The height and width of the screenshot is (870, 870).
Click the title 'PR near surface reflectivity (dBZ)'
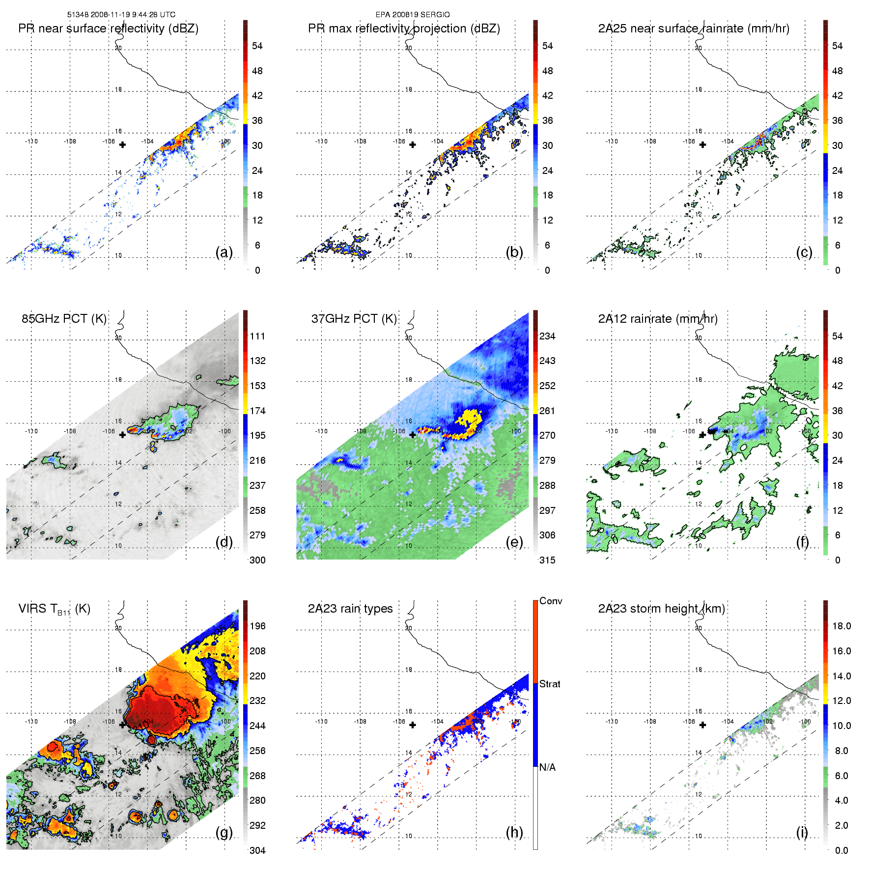coord(108,28)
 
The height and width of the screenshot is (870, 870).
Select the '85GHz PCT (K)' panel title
coord(64,319)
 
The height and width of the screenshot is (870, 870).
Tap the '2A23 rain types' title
coord(350,609)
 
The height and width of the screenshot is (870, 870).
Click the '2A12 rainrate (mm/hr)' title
coord(658,319)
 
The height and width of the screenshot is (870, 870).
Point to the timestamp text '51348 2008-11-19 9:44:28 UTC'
coord(121,15)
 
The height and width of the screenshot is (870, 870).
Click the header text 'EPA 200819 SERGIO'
coord(413,15)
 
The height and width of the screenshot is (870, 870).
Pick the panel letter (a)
coord(224,252)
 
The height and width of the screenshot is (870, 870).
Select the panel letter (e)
coord(514,542)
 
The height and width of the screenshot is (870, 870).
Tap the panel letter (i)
coord(802,832)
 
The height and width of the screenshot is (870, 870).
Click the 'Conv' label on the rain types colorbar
coord(551,601)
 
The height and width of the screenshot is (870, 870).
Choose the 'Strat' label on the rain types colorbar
coord(550,684)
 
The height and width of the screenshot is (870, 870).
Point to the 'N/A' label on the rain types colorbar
coord(547,767)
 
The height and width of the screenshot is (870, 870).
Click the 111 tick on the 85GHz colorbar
coord(257,336)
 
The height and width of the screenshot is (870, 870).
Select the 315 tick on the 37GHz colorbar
coord(547,560)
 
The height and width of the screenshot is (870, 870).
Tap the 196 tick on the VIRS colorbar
coord(257,626)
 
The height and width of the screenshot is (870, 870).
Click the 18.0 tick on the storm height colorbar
coord(842,626)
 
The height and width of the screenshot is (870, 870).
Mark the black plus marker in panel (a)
coord(122,144)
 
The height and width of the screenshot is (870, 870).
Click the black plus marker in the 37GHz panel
coord(413,434)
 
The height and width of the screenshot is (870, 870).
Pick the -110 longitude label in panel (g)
coord(31,721)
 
